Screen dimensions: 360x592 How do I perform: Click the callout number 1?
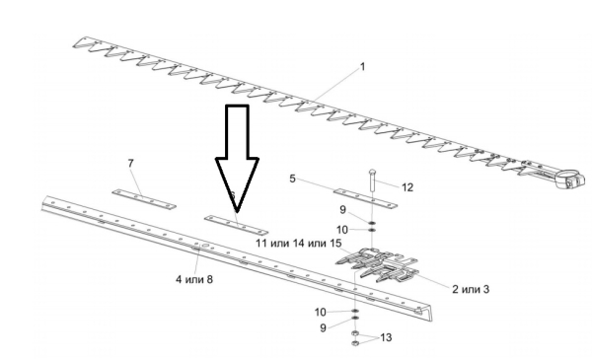point(362,67)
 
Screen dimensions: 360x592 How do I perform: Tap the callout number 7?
point(130,161)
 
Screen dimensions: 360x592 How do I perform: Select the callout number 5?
point(293,179)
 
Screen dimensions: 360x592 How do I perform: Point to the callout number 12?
point(407,185)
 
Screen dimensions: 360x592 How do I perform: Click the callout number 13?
point(386,337)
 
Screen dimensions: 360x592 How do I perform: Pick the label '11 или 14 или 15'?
point(298,243)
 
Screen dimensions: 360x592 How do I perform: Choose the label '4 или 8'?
point(194,279)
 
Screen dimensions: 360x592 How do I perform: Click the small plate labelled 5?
point(364,194)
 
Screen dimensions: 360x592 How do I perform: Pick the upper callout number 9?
point(343,210)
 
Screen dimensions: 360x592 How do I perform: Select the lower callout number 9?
point(325,325)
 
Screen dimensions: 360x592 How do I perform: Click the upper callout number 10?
point(342,229)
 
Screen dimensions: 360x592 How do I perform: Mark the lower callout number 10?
point(323,311)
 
